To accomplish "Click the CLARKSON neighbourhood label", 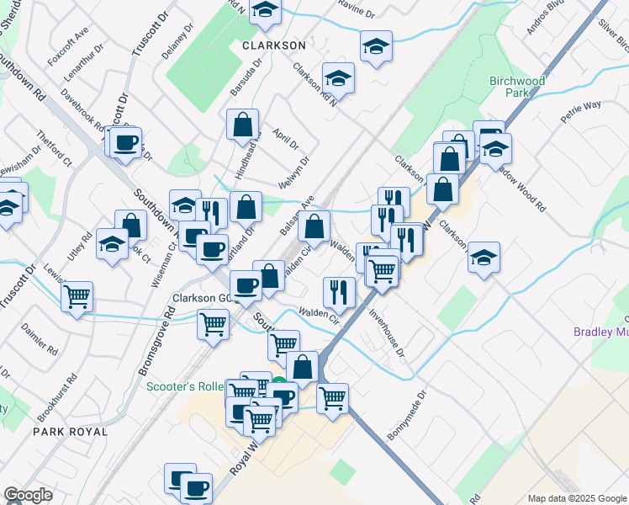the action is click(x=273, y=44).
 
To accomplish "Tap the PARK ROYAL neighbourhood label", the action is click(x=71, y=431).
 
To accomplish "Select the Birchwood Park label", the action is click(x=517, y=88).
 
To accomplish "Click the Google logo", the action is click(x=28, y=495).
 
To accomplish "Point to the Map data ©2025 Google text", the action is click(x=575, y=498).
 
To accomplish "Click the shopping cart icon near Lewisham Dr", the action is click(x=77, y=296).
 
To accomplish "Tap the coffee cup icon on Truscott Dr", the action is click(x=126, y=142).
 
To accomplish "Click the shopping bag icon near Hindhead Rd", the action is click(x=242, y=125).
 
